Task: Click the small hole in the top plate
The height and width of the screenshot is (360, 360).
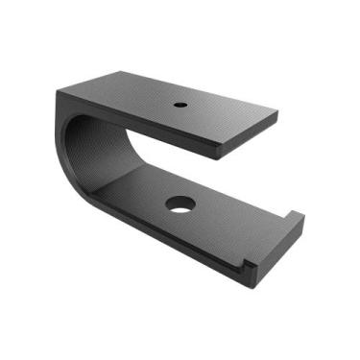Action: coord(179,104)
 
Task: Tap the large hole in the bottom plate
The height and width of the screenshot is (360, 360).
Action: coord(179,204)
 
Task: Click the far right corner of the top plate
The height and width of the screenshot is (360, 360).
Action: coord(277,113)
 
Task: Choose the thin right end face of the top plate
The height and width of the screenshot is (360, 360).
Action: coord(251,135)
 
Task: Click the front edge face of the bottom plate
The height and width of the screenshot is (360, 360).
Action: coord(173,250)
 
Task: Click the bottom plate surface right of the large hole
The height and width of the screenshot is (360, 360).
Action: coord(226,216)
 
